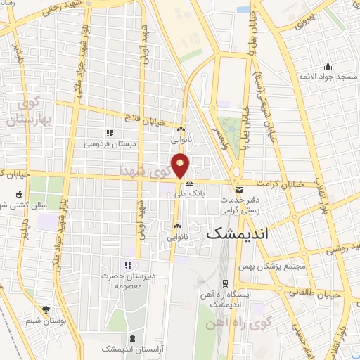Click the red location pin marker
coord(181,165)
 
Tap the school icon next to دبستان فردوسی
coord(109,132)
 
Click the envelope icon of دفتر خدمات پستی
coord(240,191)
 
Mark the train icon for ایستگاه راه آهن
coord(225,284)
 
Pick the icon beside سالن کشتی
coord(18,194)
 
